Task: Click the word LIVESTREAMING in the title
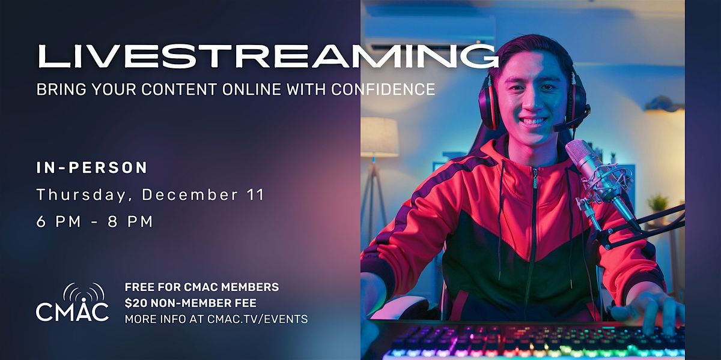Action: pyautogui.click(x=267, y=56)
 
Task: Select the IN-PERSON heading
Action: pyautogui.click(x=92, y=168)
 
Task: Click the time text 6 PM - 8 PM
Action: pyautogui.click(x=94, y=221)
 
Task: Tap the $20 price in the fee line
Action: pyautogui.click(x=135, y=303)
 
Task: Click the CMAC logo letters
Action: pyautogui.click(x=72, y=311)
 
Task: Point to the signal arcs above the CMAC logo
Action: pyautogui.click(x=83, y=291)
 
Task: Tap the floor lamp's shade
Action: pyautogui.click(x=379, y=137)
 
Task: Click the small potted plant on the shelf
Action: pyautogui.click(x=659, y=203)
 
